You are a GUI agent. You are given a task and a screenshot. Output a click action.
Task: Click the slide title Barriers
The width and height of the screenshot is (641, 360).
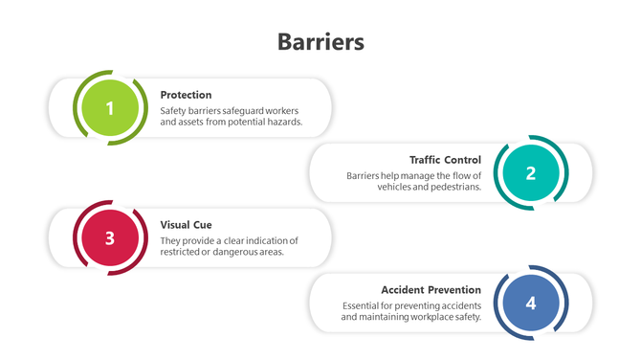point(320,42)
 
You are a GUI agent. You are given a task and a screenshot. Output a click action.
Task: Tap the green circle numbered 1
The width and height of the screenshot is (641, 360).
point(110,108)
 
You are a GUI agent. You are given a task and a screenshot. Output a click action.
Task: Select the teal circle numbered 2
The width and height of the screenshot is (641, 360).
point(531,173)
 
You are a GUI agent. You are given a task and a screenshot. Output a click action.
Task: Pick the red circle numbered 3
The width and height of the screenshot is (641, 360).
point(110,238)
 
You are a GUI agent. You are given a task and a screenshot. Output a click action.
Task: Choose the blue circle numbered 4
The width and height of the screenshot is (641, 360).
point(531,304)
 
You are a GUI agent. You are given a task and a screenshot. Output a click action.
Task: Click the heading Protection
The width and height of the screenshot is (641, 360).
point(186,95)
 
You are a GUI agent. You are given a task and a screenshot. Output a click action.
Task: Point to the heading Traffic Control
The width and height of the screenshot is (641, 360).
point(445,160)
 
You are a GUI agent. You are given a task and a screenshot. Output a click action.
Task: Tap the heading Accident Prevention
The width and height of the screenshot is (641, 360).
point(431,289)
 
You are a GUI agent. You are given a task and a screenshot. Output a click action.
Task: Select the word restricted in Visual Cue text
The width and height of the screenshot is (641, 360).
point(182,253)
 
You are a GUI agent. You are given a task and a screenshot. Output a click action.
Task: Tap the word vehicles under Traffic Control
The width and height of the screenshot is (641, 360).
point(393,188)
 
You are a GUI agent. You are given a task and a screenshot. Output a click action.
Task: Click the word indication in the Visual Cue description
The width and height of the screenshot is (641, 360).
point(271,239)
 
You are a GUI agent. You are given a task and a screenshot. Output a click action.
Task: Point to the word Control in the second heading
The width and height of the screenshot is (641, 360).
point(462,160)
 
